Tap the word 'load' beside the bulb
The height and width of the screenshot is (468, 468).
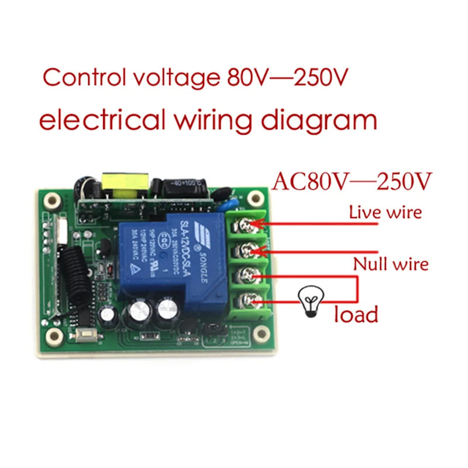click(x=356, y=315)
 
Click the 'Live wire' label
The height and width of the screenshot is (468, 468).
click(x=385, y=212)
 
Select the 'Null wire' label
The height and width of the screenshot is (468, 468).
click(x=390, y=264)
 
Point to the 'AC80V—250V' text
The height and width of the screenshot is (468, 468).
click(x=351, y=181)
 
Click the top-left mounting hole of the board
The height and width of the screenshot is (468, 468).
click(x=51, y=198)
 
